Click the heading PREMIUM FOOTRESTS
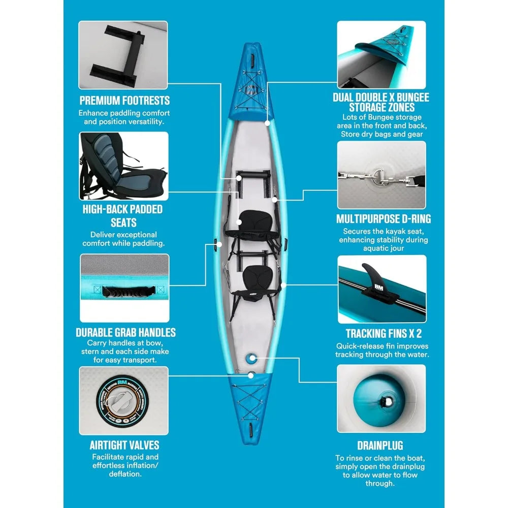pos(124,100)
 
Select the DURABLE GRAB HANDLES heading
pos(125,332)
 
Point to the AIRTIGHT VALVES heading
pos(124,445)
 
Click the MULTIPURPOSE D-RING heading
pos(383,219)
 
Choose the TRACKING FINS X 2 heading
pos(384,334)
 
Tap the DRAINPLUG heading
pos(380,446)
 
